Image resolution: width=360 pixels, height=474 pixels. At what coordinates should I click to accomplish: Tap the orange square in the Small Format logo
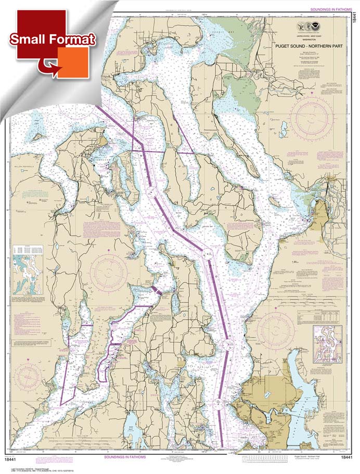[x=73, y=62]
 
